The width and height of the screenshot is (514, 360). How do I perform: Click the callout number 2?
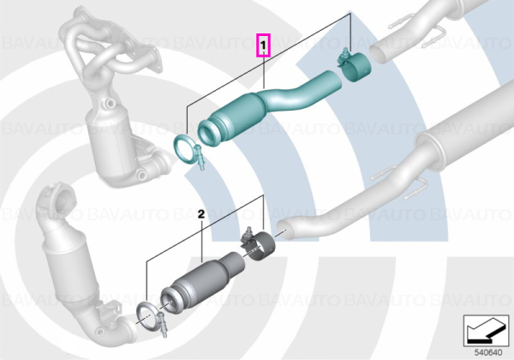(x=201, y=214)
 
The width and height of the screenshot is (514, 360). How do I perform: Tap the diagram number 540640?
(x=488, y=352)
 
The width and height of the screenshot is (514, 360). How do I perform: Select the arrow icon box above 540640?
(x=486, y=331)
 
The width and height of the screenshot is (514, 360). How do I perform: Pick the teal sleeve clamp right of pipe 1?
(x=354, y=66)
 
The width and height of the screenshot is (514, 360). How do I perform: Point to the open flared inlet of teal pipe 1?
(x=209, y=133)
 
